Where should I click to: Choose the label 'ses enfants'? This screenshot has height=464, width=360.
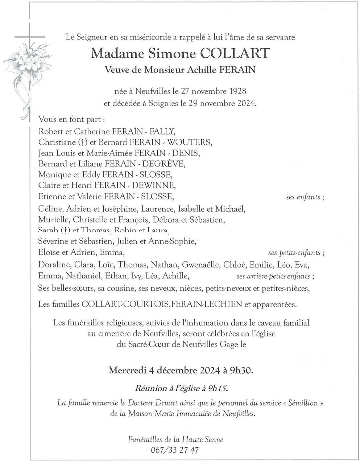tap(303, 197)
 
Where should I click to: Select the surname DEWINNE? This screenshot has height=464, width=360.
tap(158, 186)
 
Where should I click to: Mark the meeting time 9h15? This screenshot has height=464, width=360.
tap(218, 388)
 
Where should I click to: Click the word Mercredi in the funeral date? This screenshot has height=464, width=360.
tap(127, 371)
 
